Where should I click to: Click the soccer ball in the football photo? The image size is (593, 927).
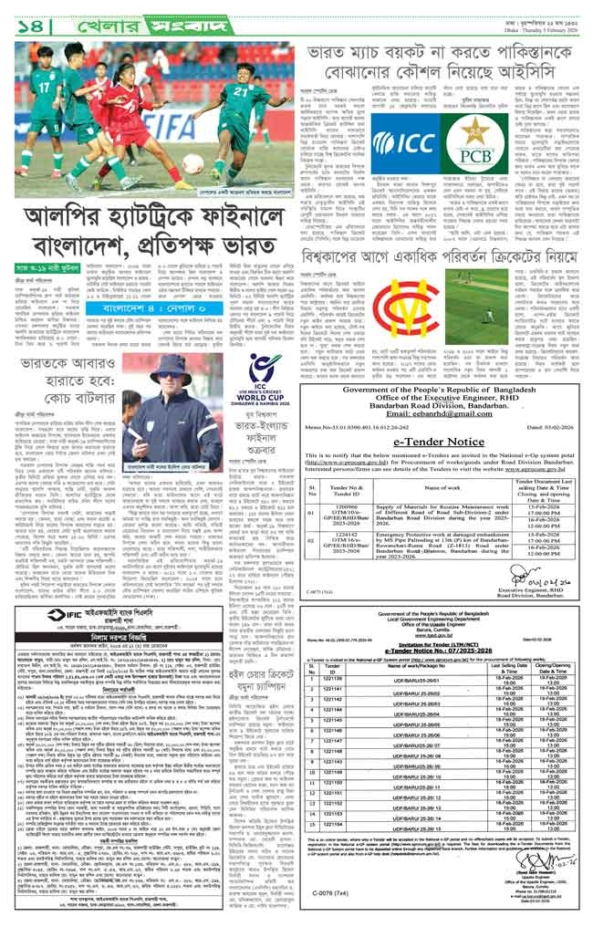(x=192, y=162)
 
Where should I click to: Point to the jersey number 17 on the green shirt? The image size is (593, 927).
(x=43, y=88)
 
